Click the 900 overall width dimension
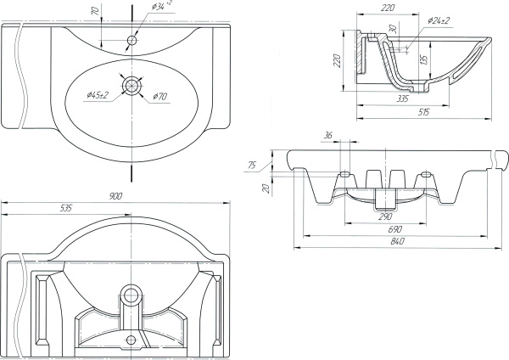tap(117, 196)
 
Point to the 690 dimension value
tap(395, 229)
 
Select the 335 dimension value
tap(404, 99)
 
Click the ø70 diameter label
tap(159, 96)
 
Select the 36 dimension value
tap(328, 136)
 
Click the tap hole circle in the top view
tap(132, 39)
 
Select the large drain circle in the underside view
tap(130, 295)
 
